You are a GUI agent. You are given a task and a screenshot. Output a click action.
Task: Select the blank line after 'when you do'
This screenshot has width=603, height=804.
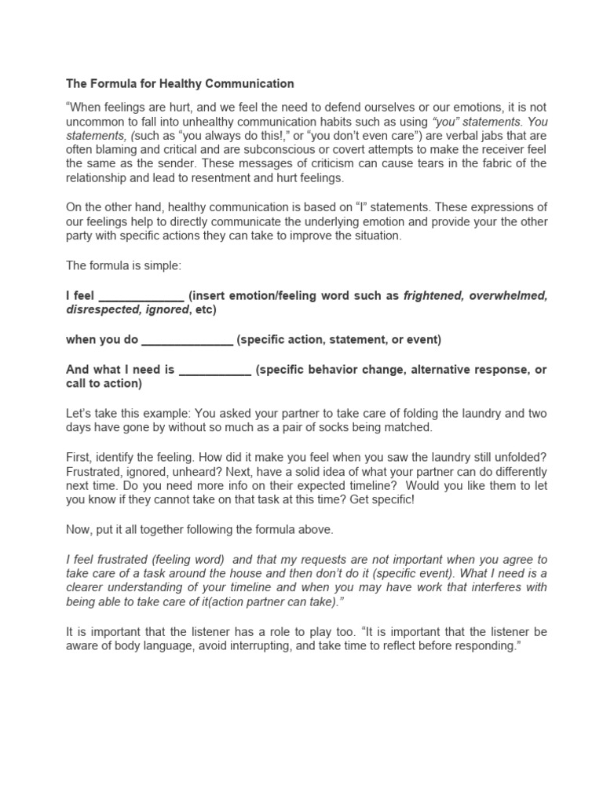(x=187, y=340)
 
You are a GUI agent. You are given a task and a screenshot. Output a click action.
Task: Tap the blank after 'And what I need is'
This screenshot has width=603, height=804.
(x=215, y=370)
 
